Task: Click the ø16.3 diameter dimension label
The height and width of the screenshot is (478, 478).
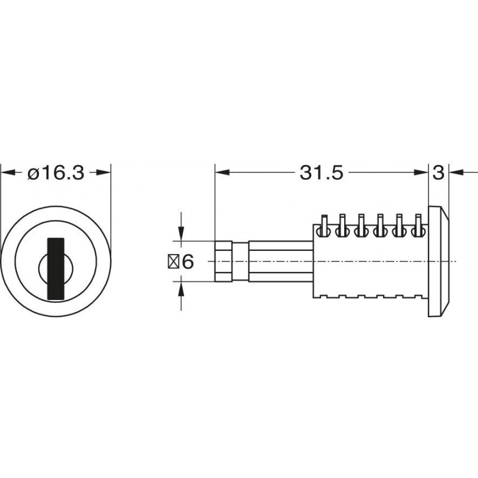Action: pos(56,173)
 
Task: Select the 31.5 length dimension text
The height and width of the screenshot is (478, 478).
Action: pos(321,173)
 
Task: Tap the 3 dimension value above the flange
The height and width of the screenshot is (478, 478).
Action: pos(439,173)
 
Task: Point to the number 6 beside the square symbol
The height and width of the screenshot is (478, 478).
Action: pos(188,261)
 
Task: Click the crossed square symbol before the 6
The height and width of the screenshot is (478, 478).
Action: pos(173,262)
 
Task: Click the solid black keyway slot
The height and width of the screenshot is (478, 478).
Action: pos(56,268)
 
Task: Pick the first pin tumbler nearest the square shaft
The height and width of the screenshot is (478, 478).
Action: pos(324,226)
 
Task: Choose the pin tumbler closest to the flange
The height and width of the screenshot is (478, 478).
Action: pos(418,226)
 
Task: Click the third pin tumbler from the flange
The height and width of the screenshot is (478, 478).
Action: pos(380,226)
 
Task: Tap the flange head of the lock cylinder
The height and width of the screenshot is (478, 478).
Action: pos(439,261)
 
